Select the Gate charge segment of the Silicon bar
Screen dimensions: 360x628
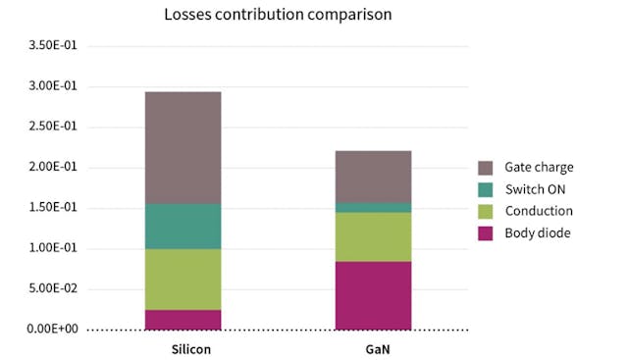pyautogui.click(x=183, y=148)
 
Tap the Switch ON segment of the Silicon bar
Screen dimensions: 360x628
pyautogui.click(x=183, y=227)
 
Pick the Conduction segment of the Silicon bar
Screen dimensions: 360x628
pyautogui.click(x=183, y=280)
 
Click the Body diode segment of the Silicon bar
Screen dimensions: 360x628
pyautogui.click(x=183, y=320)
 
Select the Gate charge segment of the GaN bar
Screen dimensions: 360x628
pyautogui.click(x=373, y=177)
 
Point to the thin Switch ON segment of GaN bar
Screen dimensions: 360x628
pyautogui.click(x=373, y=207)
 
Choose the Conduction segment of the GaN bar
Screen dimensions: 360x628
pyautogui.click(x=373, y=236)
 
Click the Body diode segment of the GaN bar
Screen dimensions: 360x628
pyautogui.click(x=373, y=295)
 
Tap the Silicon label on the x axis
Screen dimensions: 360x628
pyautogui.click(x=183, y=348)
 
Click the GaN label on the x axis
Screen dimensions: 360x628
pyautogui.click(x=373, y=348)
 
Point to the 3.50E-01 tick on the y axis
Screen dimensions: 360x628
pyautogui.click(x=53, y=46)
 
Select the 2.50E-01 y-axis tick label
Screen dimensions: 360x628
pyautogui.click(x=53, y=127)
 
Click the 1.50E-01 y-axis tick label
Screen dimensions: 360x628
pyautogui.click(x=53, y=208)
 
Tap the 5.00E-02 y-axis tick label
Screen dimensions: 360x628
pyautogui.click(x=53, y=288)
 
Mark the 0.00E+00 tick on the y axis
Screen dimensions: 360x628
pyautogui.click(x=53, y=329)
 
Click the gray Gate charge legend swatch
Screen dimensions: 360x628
pyautogui.click(x=486, y=168)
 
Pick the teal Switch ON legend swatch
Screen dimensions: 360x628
pyautogui.click(x=486, y=189)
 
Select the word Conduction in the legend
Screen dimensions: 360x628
pyautogui.click(x=539, y=211)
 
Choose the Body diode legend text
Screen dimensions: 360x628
pyautogui.click(x=539, y=232)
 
